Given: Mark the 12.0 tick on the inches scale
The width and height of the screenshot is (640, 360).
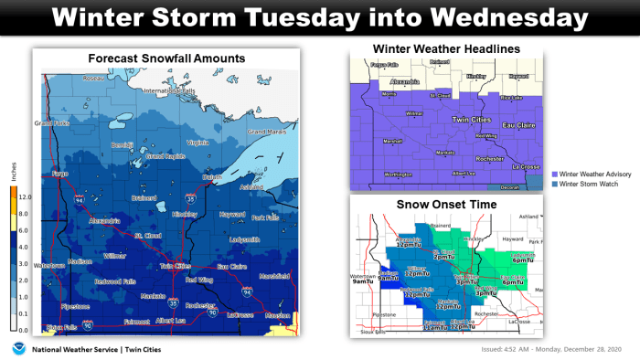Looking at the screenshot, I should pos(25,196).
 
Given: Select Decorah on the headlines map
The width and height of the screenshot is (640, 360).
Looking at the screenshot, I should pos(509,187).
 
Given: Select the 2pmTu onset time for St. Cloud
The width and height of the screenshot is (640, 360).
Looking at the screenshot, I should pos(444,258).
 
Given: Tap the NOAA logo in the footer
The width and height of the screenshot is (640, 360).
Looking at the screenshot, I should pos(16,349).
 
